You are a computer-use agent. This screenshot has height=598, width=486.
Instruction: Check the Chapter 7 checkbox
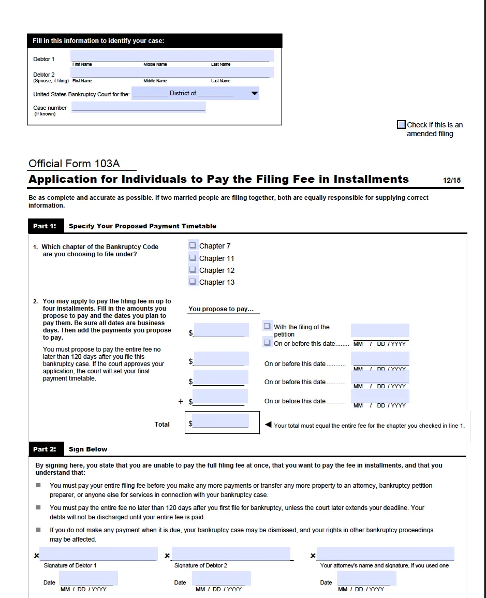pos(193,245)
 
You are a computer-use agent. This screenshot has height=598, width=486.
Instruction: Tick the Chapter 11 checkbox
pos(193,258)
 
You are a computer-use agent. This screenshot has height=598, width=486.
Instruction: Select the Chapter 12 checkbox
pos(193,270)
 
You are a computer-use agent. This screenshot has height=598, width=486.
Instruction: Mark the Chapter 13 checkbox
pos(193,282)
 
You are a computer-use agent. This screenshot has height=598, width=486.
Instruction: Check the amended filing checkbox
pos(401,125)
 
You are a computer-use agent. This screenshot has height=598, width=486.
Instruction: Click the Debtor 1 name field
pos(172,56)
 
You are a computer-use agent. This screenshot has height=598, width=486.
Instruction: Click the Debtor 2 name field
pos(172,72)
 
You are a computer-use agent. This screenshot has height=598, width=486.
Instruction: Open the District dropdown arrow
pos(254,93)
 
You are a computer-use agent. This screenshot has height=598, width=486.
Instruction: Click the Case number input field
pos(139,107)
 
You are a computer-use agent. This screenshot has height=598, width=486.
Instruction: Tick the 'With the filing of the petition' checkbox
pos(268,326)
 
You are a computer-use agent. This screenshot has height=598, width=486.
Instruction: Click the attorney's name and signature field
pos(386,553)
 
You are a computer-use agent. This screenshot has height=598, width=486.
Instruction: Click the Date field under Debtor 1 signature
pos(89,578)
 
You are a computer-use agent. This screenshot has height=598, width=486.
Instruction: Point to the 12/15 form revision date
pos(452,181)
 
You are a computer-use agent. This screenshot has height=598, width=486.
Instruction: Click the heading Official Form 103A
pos(74,164)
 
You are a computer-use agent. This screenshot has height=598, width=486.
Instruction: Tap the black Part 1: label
pos(45,226)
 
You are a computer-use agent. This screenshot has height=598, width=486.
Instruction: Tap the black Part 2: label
pos(45,449)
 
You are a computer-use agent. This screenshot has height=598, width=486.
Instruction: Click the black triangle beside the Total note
pos(268,425)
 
